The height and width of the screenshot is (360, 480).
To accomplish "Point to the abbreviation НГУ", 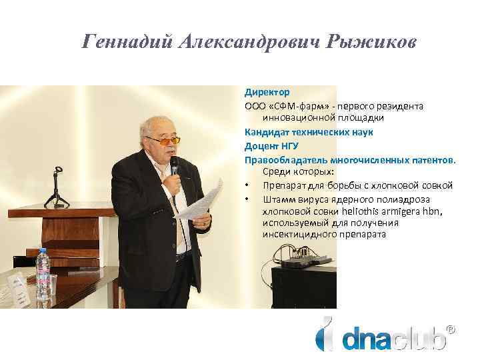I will click(x=287, y=146).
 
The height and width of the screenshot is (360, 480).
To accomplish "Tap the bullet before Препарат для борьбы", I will click(x=247, y=185).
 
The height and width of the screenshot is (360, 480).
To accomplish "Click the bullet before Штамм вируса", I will click(x=247, y=199).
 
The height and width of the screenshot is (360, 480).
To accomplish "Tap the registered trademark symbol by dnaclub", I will click(x=451, y=329).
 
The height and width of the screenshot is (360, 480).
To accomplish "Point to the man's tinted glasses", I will click(x=163, y=141).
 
